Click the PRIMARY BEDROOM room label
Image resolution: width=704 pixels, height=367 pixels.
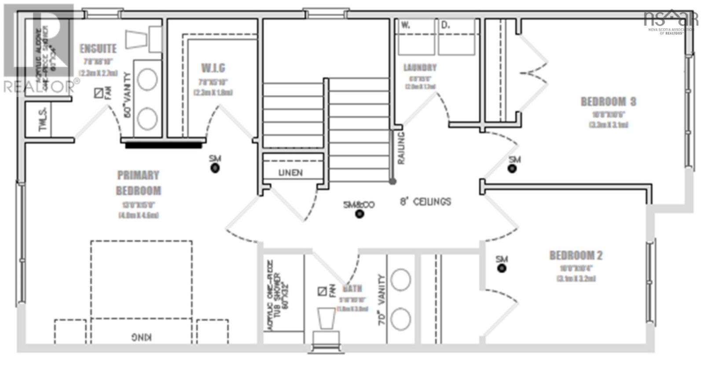tap(138, 183)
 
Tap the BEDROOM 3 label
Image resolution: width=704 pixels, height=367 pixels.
tap(608, 102)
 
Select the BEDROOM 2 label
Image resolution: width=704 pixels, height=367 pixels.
tap(576, 255)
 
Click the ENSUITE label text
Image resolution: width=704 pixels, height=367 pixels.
tap(98, 48)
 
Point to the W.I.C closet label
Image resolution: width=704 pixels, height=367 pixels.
tap(213, 68)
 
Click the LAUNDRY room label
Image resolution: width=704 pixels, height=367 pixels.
tap(420, 67)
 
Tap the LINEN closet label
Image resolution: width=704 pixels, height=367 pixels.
tap(290, 172)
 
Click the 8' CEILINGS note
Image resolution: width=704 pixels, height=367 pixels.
tap(425, 202)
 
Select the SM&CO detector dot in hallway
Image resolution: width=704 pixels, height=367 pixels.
tap(360, 214)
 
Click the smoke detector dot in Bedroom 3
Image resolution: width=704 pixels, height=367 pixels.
tap(512, 169)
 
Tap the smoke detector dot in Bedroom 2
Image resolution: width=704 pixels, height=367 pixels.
tap(502, 268)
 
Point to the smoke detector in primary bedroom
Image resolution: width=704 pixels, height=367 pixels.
tap(215, 168)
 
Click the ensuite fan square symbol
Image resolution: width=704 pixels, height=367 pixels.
tap(99, 93)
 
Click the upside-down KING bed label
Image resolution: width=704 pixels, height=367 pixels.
tap(141, 338)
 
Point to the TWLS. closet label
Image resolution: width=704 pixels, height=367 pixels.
tap(43, 119)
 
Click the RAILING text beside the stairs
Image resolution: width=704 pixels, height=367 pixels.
tap(400, 148)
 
